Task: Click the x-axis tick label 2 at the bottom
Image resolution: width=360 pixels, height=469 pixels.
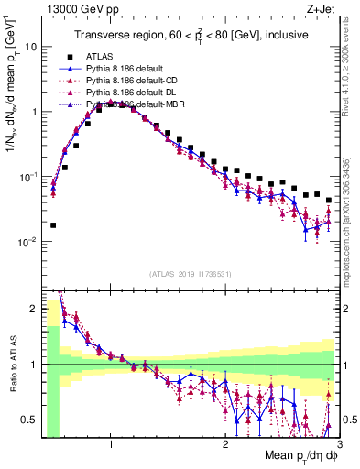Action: point(224,446)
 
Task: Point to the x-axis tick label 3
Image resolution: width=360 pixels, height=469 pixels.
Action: point(338,446)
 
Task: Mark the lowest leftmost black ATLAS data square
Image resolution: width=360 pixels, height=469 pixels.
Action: point(53,224)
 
